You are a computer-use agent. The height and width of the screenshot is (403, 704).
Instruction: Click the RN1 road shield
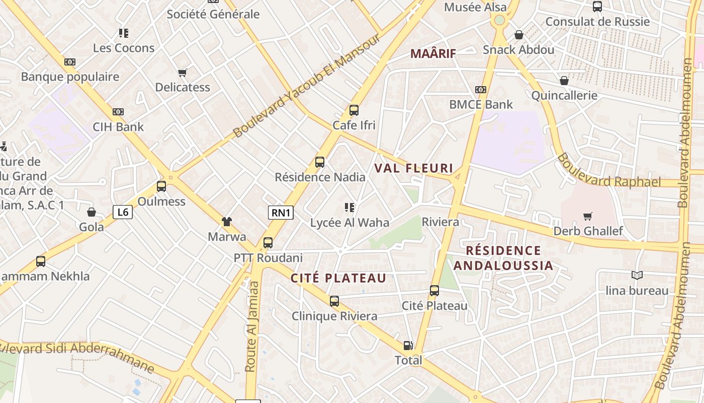tap(281, 213)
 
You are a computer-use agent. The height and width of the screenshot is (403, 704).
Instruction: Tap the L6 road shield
tap(123, 212)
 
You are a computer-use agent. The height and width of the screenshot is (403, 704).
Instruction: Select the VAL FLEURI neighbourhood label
tap(414, 168)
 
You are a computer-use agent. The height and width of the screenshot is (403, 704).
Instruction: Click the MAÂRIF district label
tap(433, 53)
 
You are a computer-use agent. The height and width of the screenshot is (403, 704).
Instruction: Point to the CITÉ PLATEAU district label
tap(338, 278)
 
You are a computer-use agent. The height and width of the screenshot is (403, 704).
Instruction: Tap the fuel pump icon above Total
tap(408, 346)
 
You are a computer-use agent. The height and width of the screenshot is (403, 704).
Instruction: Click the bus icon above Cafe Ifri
tap(354, 110)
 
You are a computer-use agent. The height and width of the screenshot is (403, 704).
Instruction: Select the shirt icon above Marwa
tap(227, 221)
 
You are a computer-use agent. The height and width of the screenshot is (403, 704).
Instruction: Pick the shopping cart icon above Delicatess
tap(183, 73)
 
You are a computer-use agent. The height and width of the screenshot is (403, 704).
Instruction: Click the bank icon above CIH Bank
tap(118, 112)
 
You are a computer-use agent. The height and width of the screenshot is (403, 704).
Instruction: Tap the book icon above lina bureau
tap(637, 275)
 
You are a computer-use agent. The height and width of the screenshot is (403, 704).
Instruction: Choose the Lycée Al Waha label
tap(349, 222)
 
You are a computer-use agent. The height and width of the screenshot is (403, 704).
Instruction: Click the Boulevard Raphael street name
tap(608, 171)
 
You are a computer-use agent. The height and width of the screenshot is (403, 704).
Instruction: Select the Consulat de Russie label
tap(597, 22)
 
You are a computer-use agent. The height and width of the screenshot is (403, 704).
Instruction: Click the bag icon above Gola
tap(92, 212)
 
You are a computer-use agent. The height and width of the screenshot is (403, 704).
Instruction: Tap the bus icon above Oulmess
tap(161, 186)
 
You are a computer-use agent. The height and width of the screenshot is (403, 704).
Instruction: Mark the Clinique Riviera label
tap(334, 316)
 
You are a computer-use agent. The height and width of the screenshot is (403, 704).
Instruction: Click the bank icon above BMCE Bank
tap(481, 90)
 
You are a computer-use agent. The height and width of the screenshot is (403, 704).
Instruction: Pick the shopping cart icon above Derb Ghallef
tap(587, 217)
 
